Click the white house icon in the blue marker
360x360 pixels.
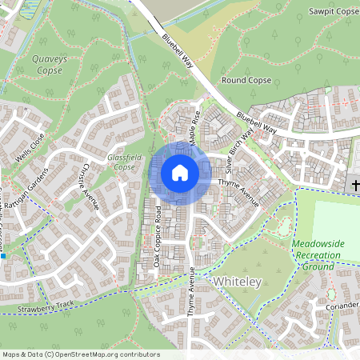click(x=180, y=173)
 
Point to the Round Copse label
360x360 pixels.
click(x=247, y=81)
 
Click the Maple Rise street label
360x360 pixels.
click(x=192, y=125)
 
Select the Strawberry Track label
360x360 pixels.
click(x=48, y=305)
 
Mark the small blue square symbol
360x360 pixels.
click(x=3, y=257)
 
